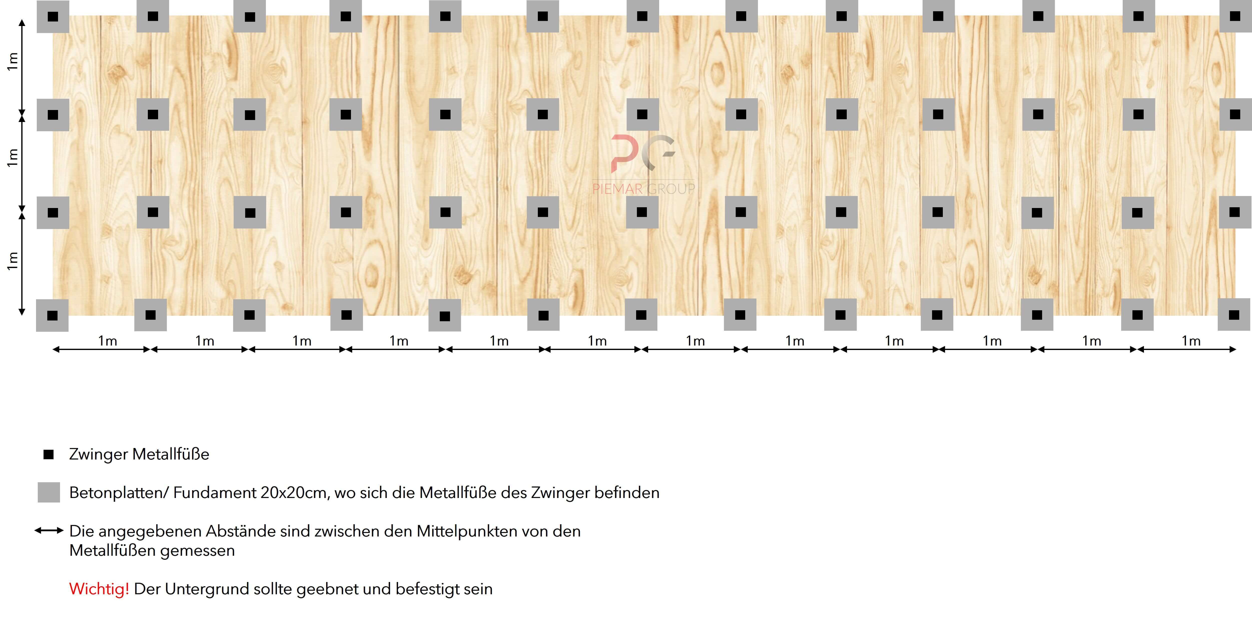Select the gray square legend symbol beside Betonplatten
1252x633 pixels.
[x=49, y=492]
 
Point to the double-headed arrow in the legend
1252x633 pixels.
[x=49, y=530]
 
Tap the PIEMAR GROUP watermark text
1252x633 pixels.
[x=643, y=188]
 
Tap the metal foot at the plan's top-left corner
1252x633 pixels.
[x=53, y=16]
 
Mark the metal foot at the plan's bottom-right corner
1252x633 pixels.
[x=1234, y=315]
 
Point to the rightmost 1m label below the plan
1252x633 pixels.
[x=1191, y=341]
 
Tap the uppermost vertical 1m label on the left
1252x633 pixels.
[x=12, y=61]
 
